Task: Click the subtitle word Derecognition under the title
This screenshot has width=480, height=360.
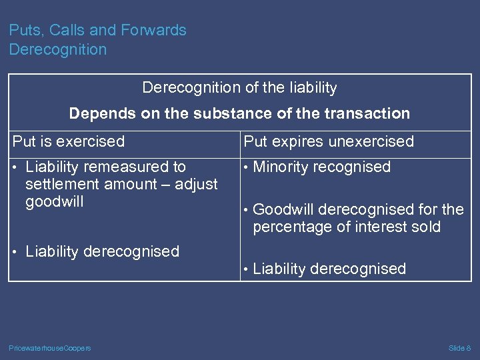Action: tap(57, 50)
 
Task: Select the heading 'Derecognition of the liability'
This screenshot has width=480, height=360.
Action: tap(239, 88)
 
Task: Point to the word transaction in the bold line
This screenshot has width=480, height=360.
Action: tap(369, 114)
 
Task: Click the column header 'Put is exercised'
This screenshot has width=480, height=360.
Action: tap(69, 141)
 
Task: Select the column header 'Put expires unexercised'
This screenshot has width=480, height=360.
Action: tap(329, 141)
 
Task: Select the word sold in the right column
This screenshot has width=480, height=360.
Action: tap(425, 227)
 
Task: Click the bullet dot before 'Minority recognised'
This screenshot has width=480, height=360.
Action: tap(247, 167)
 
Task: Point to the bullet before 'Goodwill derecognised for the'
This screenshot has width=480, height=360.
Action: tap(247, 210)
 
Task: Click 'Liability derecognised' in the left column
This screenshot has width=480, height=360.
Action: tap(102, 252)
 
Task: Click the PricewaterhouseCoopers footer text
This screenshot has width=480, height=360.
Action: tap(50, 348)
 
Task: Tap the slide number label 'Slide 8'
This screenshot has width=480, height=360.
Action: tap(459, 348)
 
